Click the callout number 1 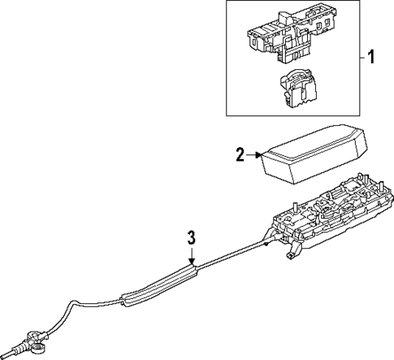[372, 58]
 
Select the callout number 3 [190, 237]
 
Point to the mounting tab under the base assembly [290, 257]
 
